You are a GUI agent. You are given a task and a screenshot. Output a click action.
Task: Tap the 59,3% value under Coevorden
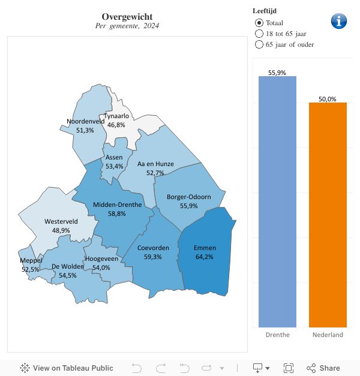(x=153, y=257)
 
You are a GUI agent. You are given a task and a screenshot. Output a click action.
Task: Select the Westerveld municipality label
(x=61, y=221)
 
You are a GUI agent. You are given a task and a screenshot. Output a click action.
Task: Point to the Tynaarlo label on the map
(x=116, y=116)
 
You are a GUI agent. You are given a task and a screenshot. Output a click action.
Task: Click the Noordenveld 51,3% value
(x=85, y=130)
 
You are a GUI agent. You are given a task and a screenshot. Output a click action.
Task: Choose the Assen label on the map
(x=114, y=157)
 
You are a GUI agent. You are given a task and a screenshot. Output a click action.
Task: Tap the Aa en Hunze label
(x=155, y=163)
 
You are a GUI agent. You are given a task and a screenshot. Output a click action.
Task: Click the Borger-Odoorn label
(x=188, y=197)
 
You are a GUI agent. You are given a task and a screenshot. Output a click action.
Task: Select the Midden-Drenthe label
(x=117, y=204)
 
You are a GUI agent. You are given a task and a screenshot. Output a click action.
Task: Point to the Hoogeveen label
(x=101, y=258)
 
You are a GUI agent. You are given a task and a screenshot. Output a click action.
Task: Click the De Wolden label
(x=68, y=266)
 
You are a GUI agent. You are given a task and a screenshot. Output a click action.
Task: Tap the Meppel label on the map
(x=31, y=260)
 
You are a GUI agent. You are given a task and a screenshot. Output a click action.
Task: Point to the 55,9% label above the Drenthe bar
(x=277, y=73)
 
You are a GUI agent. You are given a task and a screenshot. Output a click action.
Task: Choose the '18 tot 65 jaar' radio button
(x=259, y=34)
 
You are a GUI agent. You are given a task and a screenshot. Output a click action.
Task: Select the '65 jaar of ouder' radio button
(x=259, y=44)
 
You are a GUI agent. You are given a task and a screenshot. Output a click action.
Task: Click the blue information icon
(x=339, y=21)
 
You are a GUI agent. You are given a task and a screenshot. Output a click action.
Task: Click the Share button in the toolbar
(x=323, y=368)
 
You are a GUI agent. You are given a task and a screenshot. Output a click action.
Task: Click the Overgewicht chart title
(x=127, y=16)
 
